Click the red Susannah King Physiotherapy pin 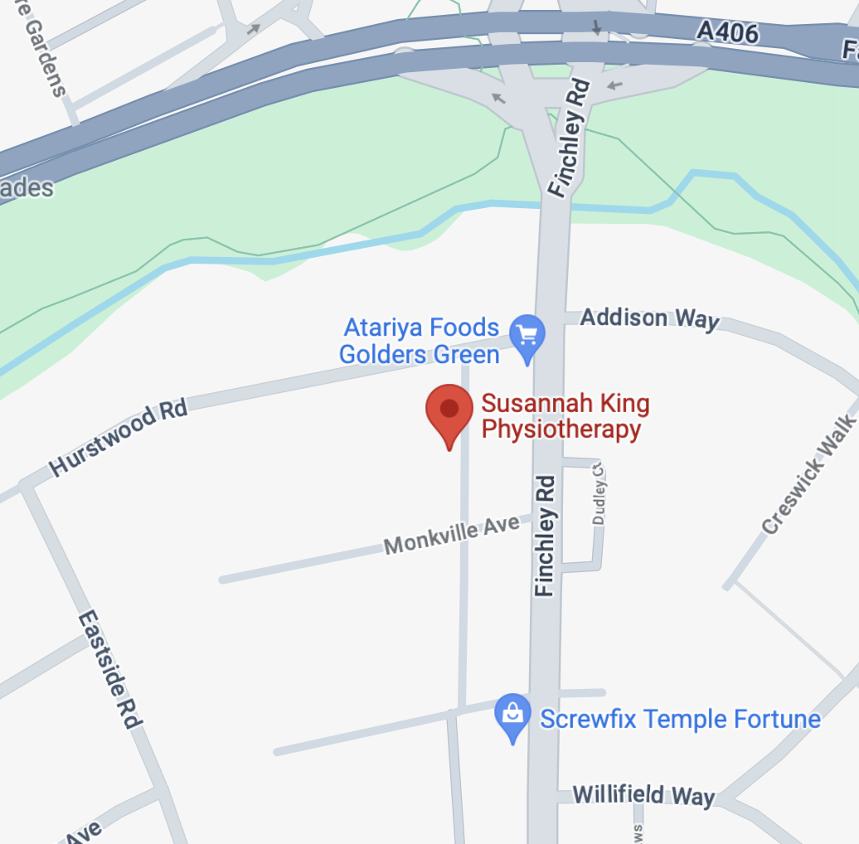tap(449, 410)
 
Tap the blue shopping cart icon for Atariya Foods tap(527, 335)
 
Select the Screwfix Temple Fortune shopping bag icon tap(513, 715)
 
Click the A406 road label tap(727, 32)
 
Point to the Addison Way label tap(649, 318)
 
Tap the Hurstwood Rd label tap(118, 439)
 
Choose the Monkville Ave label tap(452, 535)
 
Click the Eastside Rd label tap(110, 670)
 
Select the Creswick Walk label tap(808, 474)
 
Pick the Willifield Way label tap(643, 795)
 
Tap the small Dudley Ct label tap(599, 492)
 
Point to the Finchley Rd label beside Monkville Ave tap(545, 535)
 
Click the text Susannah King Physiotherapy tap(565, 417)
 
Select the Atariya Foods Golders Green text tap(420, 341)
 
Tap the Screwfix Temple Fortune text tap(680, 718)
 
